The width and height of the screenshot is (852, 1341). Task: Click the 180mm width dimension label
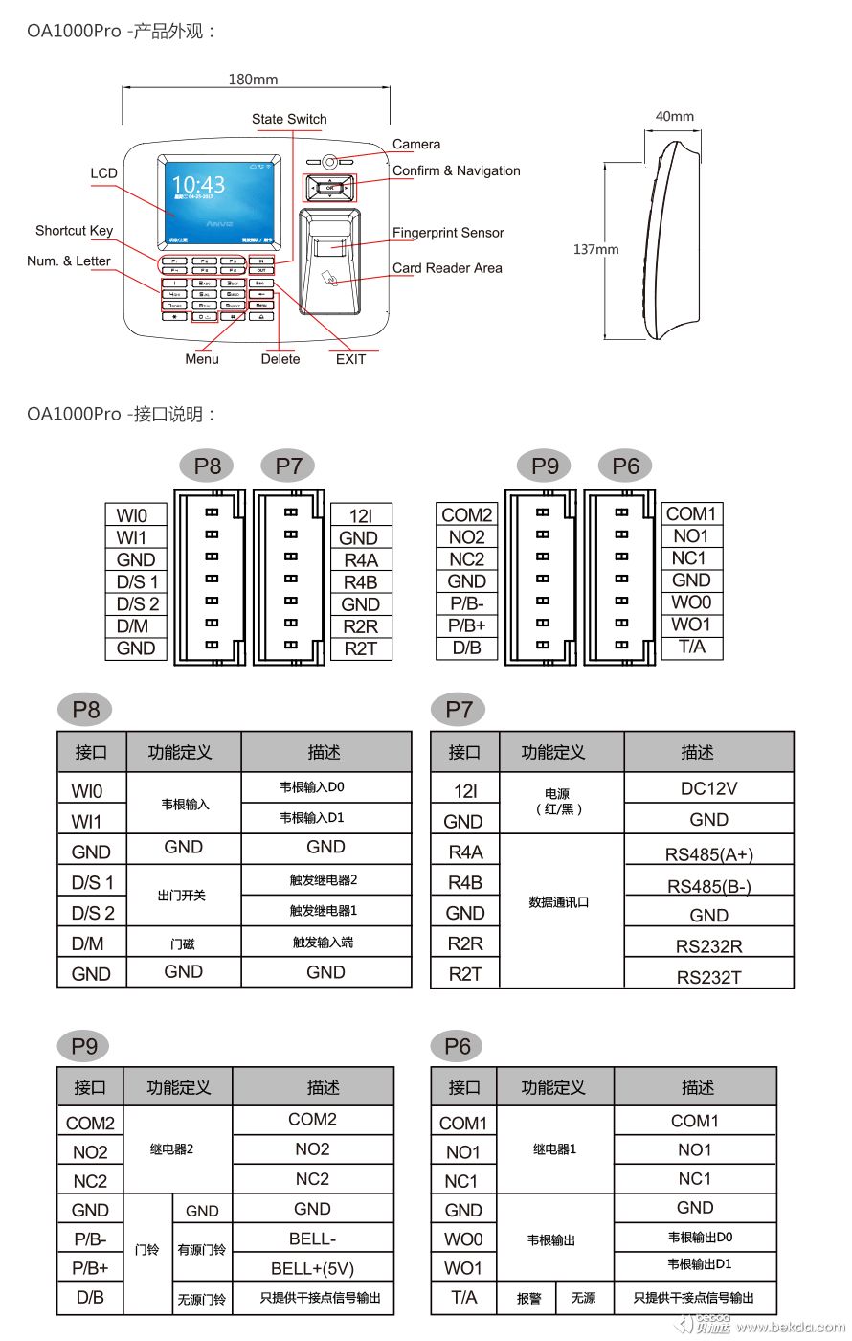(253, 80)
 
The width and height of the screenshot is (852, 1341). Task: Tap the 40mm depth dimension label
(674, 117)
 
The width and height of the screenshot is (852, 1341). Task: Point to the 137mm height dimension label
(595, 249)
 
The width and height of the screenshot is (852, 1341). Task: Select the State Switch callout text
(289, 119)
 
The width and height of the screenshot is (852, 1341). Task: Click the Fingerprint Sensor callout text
(447, 233)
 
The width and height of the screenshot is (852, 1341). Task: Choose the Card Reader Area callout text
(447, 268)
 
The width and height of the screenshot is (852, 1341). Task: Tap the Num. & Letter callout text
(68, 261)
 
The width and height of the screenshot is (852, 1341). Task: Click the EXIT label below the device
(350, 359)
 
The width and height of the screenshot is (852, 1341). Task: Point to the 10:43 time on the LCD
(198, 185)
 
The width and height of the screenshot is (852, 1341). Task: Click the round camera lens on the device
(329, 162)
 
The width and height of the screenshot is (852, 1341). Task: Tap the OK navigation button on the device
(329, 188)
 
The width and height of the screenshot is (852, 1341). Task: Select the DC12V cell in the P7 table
(708, 789)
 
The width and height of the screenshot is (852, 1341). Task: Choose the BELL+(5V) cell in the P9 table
(312, 1269)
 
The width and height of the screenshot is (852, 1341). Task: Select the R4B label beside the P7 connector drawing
(360, 582)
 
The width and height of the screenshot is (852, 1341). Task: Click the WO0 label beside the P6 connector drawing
(691, 602)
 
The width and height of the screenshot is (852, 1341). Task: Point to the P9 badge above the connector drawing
(545, 466)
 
